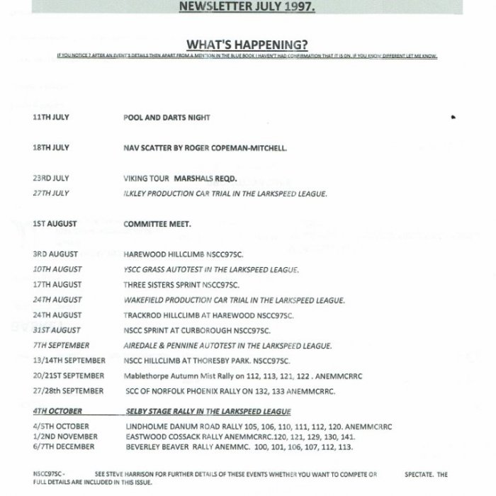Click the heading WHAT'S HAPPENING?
point(247,43)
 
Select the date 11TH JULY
point(50,117)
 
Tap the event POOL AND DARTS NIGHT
point(167,117)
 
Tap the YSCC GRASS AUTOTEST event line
point(210,269)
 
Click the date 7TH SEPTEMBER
point(61,346)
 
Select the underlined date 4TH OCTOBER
point(57,412)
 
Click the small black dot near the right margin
point(453,117)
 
